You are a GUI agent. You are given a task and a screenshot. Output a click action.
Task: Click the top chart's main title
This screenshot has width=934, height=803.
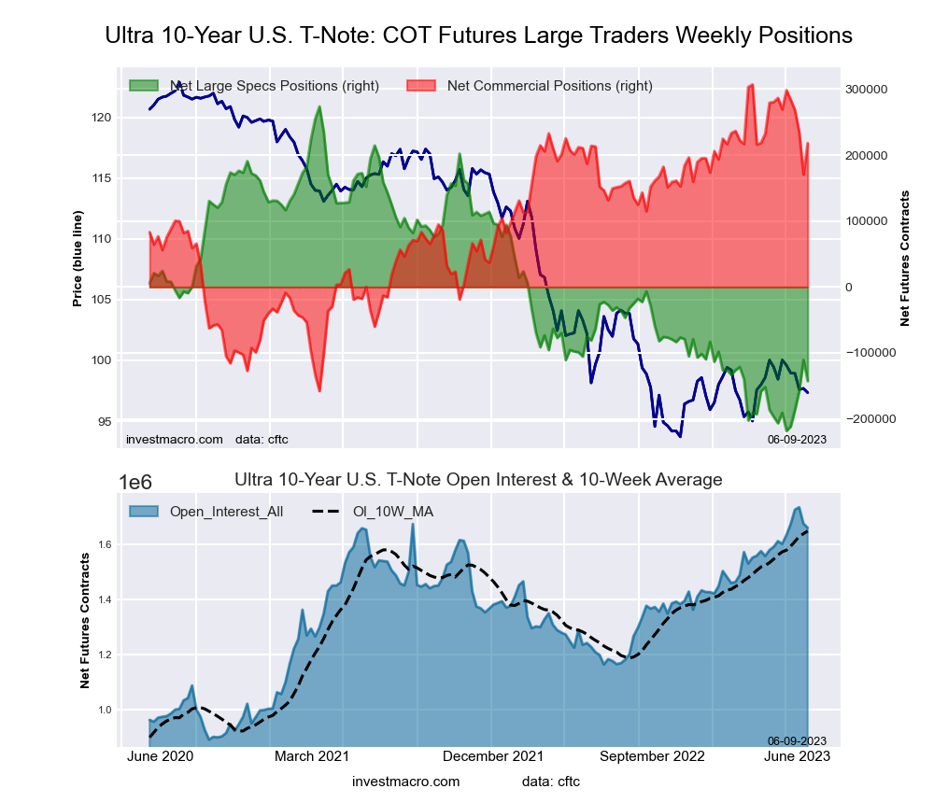pos(478,35)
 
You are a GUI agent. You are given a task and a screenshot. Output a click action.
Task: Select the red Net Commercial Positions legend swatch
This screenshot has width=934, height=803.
pos(422,86)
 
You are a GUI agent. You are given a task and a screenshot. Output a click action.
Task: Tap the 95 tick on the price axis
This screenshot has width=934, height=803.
pos(104,421)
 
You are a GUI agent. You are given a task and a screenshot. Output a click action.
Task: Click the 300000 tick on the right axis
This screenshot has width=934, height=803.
pos(866,90)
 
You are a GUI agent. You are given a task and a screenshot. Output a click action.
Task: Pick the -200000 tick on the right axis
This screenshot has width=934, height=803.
pos(868,419)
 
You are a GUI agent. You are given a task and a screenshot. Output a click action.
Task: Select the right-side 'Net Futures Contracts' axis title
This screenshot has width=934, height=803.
pos(904,258)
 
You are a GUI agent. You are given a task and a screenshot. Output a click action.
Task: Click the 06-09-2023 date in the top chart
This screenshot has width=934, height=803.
pos(797,439)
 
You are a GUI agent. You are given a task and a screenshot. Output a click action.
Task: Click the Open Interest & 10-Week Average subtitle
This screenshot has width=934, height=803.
pos(478,480)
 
